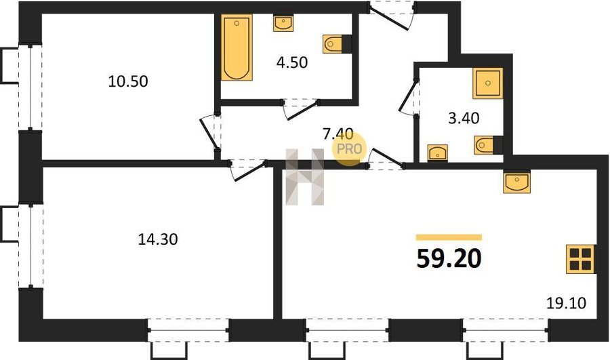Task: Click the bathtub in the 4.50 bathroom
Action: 237,47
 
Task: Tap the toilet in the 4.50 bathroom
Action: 337,43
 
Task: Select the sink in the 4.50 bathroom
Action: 283,23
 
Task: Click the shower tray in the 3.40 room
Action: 487,83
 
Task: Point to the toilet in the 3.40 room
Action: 488,145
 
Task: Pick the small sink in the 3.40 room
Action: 438,153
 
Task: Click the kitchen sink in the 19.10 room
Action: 516,182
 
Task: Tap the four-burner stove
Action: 580,259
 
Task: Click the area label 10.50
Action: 128,81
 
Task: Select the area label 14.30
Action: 158,239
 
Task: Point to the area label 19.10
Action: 566,302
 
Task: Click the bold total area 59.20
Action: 449,259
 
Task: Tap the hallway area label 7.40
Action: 338,134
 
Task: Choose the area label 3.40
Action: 464,118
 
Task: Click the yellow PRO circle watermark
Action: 349,148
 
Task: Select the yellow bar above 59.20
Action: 449,237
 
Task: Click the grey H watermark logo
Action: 305,177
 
